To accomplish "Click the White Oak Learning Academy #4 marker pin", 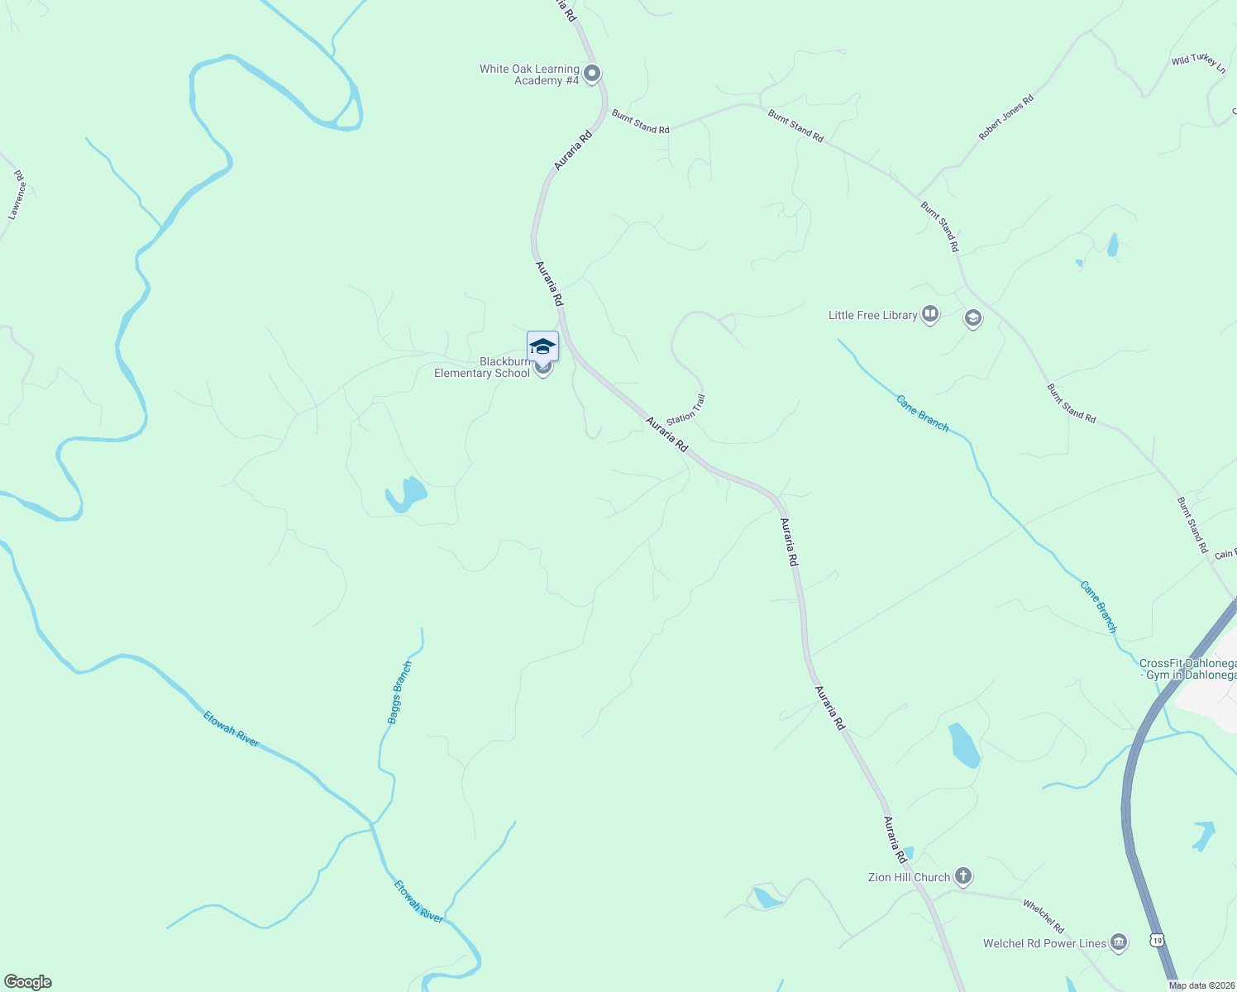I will [x=592, y=74].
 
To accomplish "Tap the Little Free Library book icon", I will [x=930, y=314].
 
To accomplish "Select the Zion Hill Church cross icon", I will [x=962, y=875].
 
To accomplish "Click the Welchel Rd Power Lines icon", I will [x=1118, y=942].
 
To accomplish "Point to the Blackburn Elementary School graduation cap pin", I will [x=542, y=347].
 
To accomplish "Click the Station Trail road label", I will [x=686, y=410].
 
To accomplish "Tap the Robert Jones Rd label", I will [x=1005, y=117].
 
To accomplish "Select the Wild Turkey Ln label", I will [x=1198, y=63].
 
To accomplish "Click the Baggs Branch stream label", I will [x=399, y=693].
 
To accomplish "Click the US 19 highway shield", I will [x=1157, y=940].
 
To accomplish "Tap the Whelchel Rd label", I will [x=1044, y=917].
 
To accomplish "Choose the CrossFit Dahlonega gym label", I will [x=1187, y=669].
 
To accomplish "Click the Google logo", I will [x=28, y=982].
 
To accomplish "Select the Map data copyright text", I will [x=1201, y=985].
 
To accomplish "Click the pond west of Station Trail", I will [x=406, y=494].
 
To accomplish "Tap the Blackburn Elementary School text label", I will [x=483, y=368].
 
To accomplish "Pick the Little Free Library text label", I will [x=872, y=315].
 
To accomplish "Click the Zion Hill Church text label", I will [x=909, y=877].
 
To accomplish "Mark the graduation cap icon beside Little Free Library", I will [x=973, y=317].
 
